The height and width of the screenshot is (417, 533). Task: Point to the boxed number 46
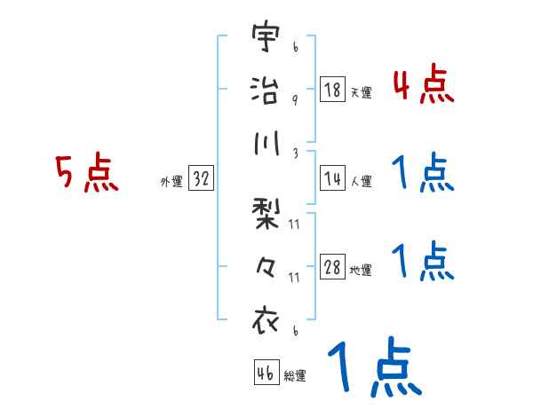click(266, 373)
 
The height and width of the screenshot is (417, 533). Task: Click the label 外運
click(171, 181)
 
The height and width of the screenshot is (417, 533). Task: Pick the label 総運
click(295, 376)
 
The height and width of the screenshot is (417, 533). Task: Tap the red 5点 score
click(85, 174)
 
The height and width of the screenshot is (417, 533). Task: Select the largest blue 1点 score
click(373, 368)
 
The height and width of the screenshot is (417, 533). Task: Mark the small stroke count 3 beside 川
click(294, 153)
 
